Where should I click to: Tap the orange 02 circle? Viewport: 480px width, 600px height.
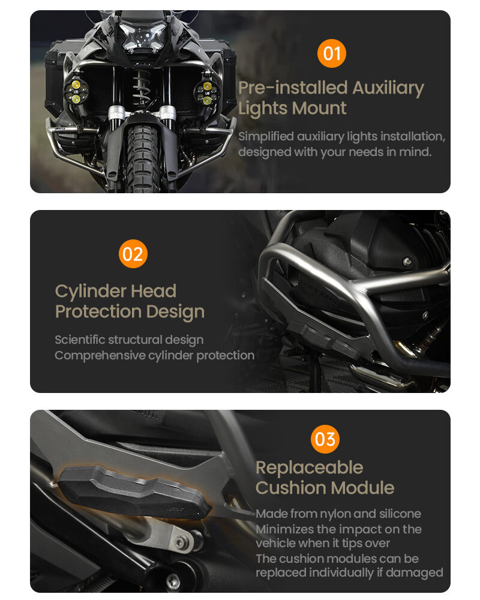133,254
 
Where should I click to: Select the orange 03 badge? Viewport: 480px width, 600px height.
325,439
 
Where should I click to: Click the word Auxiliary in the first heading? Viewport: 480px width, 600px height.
388,88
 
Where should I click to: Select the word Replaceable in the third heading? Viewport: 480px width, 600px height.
309,467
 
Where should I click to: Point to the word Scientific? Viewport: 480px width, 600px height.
79,340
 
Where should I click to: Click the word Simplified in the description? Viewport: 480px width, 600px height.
267,137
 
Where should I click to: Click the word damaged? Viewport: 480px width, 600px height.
415,572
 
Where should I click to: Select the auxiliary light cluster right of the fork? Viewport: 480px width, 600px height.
206,92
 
